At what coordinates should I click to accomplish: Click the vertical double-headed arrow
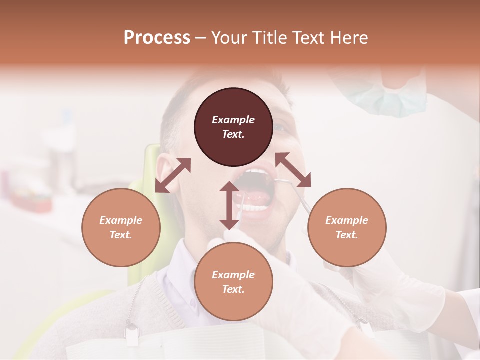click(229, 205)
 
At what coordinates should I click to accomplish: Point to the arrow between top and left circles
click(173, 175)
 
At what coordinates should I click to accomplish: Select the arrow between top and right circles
click(293, 170)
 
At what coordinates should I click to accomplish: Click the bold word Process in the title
click(157, 37)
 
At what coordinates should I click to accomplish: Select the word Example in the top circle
click(233, 120)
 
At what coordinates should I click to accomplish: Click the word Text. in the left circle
click(121, 235)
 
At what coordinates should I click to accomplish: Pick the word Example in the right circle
click(347, 220)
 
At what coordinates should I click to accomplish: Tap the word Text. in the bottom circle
click(233, 289)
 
